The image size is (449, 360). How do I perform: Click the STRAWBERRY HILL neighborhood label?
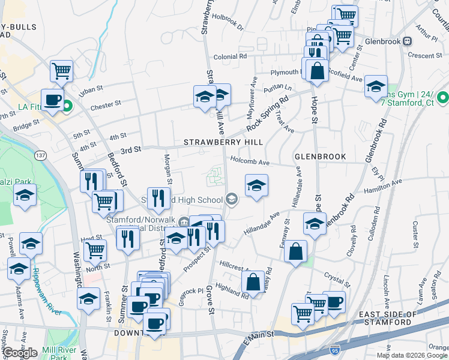point(223,142)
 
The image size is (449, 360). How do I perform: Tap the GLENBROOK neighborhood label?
point(320,157)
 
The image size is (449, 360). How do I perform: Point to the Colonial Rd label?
point(231,56)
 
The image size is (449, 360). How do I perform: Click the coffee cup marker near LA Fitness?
point(52,100)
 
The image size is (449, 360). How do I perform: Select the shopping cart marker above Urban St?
point(61,71)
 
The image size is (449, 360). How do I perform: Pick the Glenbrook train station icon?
point(407,41)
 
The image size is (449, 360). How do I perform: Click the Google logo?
point(19,352)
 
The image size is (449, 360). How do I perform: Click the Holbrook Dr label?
point(228,26)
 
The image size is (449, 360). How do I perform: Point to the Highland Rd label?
point(232,290)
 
